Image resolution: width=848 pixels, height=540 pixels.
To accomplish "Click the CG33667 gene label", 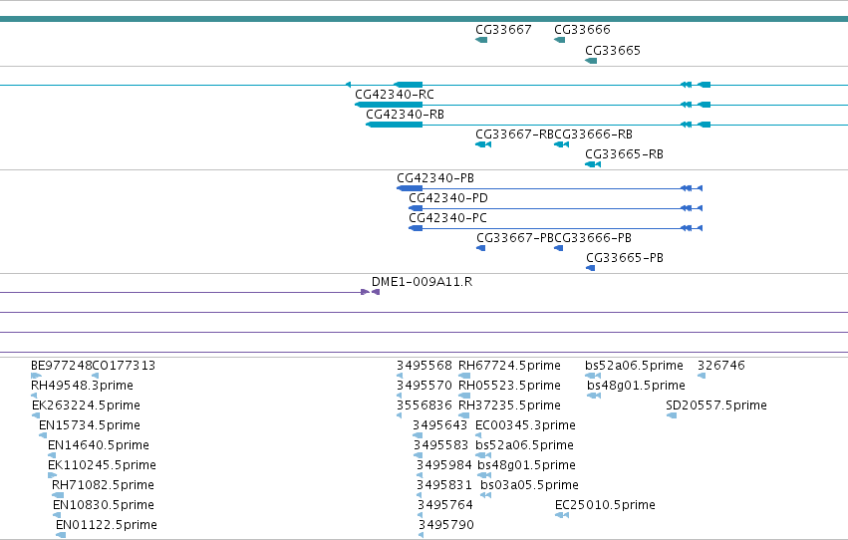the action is (x=503, y=30).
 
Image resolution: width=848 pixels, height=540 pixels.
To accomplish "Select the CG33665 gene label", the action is (x=613, y=51).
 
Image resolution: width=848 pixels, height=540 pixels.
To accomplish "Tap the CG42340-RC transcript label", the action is (x=395, y=95).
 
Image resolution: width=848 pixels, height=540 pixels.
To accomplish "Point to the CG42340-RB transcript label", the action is (x=406, y=115).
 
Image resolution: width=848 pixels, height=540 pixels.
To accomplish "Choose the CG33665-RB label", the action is (x=624, y=154).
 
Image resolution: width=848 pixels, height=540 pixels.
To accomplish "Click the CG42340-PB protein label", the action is (x=435, y=178).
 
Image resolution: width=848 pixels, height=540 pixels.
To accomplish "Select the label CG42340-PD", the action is (x=448, y=198).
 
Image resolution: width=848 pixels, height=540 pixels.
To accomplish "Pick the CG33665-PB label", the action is (x=625, y=258).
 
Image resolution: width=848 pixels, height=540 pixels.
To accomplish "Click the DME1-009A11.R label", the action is (x=422, y=282).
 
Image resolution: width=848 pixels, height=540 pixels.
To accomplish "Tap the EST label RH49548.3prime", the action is (x=82, y=386).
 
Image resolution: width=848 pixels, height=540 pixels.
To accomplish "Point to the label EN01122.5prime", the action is (x=107, y=525).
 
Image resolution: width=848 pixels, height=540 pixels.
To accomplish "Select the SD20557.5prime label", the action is (x=716, y=405).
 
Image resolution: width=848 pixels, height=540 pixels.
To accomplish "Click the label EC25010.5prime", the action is (x=605, y=505).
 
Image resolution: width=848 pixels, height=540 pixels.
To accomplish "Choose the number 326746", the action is (x=721, y=366).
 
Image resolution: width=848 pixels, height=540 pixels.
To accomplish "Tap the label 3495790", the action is (x=446, y=525).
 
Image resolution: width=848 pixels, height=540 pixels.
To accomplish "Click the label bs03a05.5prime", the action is (x=529, y=485).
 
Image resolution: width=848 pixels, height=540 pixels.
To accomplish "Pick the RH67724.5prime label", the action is (x=509, y=366).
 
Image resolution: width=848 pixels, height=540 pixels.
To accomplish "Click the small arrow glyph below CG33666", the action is (x=560, y=40).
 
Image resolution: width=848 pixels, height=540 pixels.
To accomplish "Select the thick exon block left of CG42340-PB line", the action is (x=410, y=188).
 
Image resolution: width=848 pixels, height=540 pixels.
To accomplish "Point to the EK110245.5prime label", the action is (x=103, y=465).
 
